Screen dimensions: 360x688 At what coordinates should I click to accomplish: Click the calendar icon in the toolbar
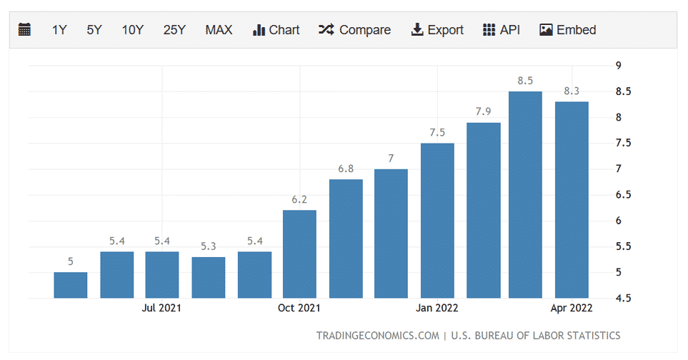tap(24, 30)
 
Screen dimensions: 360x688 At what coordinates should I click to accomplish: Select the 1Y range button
tap(59, 30)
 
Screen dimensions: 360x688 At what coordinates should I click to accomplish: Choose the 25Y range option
tap(174, 30)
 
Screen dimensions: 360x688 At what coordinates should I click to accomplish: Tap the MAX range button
tap(219, 30)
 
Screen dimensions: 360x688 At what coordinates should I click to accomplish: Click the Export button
tap(437, 30)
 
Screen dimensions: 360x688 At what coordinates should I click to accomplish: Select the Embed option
tap(568, 30)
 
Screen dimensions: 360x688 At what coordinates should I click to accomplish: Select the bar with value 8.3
tap(572, 199)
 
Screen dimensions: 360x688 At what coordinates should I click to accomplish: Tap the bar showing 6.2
tap(299, 254)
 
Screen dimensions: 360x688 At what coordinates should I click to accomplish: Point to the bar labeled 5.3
tap(208, 277)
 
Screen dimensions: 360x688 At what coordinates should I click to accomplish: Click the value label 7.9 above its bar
tap(484, 111)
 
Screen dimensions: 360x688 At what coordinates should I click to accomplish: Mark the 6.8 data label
tap(346, 169)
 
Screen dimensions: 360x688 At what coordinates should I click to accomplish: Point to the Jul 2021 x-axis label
tap(161, 308)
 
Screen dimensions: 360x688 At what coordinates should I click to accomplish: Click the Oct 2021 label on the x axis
tap(299, 308)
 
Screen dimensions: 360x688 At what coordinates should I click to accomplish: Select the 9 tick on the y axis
tap(619, 66)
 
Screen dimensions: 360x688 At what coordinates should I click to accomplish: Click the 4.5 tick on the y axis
tap(623, 298)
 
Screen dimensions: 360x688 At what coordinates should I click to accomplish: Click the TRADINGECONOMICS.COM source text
tap(377, 336)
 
